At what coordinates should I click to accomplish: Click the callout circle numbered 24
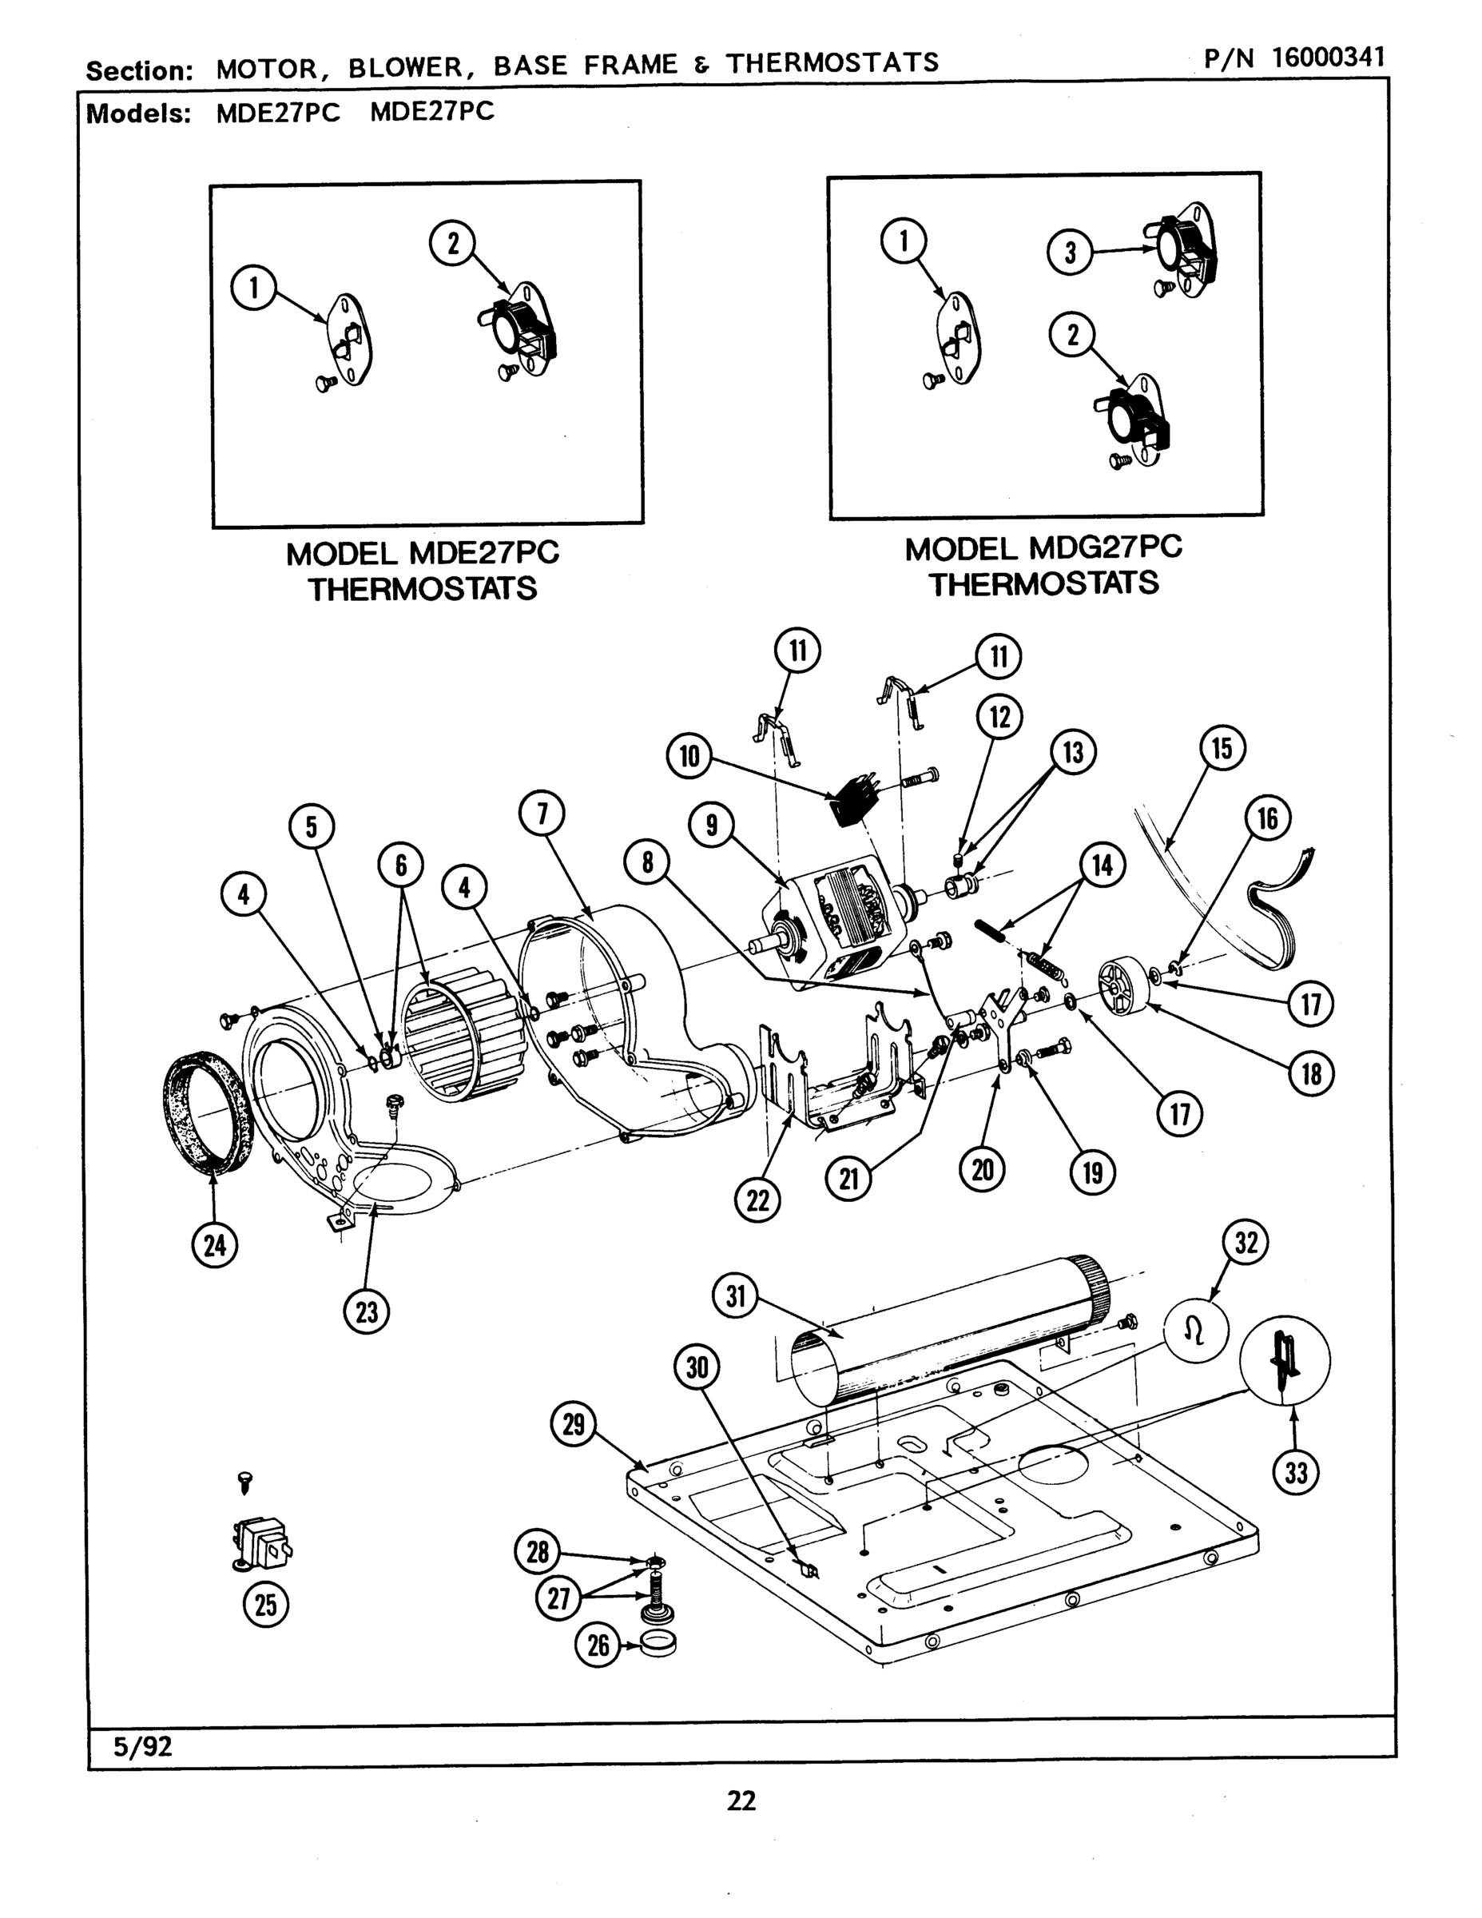(215, 1244)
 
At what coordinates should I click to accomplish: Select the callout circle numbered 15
(1222, 748)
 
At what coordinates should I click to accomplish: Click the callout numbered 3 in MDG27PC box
(1071, 253)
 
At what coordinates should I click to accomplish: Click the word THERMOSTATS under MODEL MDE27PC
(423, 588)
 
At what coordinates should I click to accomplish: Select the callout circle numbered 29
(574, 1423)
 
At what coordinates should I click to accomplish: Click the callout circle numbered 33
(1296, 1473)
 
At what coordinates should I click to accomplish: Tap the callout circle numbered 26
(598, 1644)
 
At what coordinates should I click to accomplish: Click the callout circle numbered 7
(542, 814)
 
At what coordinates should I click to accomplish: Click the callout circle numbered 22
(757, 1200)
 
